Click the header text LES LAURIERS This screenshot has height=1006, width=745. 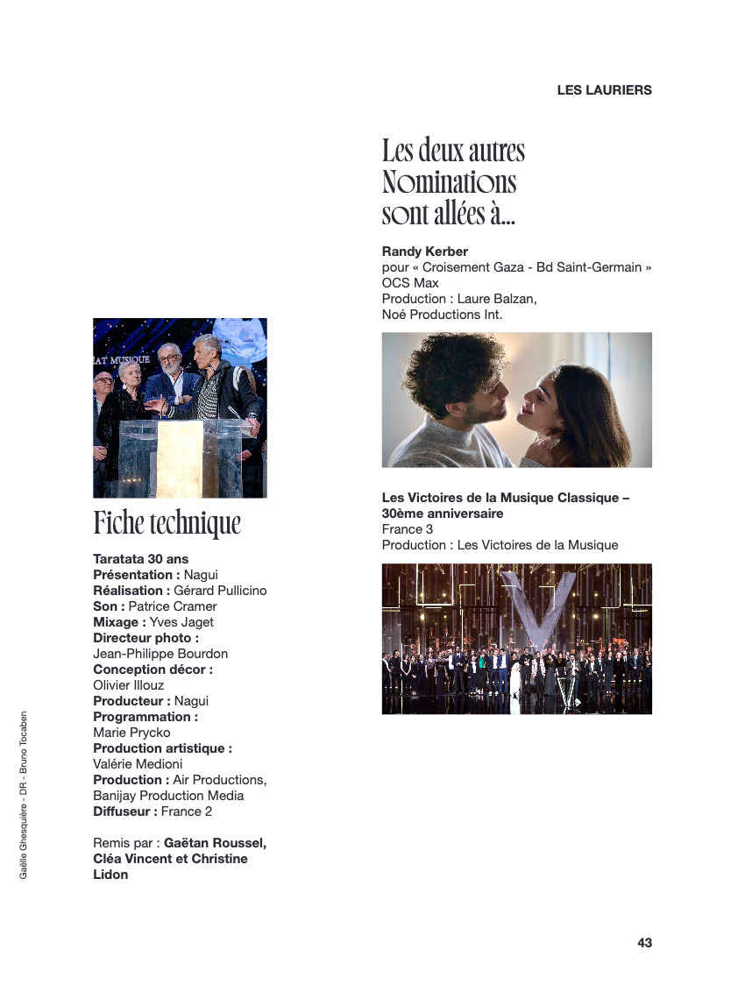[x=604, y=90]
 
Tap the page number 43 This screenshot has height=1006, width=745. [x=644, y=943]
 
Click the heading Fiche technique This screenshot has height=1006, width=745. [x=167, y=523]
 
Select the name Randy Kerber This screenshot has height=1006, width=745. [x=425, y=251]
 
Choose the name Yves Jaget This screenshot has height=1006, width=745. [x=181, y=622]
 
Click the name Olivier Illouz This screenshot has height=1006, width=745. [x=128, y=685]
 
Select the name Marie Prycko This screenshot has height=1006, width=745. [x=131, y=733]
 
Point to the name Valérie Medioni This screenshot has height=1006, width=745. [x=138, y=764]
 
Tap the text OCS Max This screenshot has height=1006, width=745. [x=410, y=283]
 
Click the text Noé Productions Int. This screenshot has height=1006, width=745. [x=442, y=315]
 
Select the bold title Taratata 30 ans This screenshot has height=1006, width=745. [x=140, y=559]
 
